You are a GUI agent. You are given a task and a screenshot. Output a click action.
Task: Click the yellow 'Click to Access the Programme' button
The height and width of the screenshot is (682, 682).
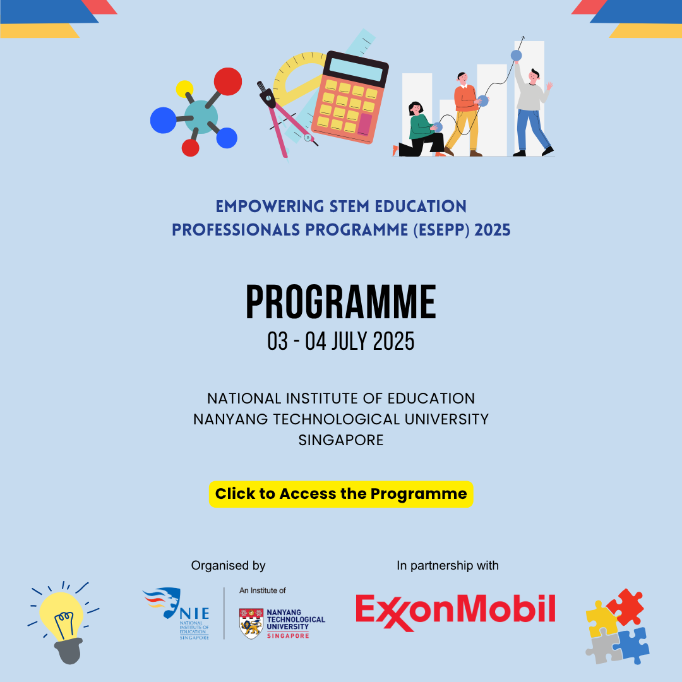[x=341, y=494]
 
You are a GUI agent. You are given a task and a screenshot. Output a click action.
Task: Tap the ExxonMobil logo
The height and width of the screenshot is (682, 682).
[x=455, y=610]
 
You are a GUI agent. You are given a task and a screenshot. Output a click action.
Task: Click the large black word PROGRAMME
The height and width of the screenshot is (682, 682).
[x=341, y=302]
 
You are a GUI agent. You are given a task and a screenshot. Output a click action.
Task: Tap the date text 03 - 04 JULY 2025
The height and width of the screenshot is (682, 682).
[x=341, y=342]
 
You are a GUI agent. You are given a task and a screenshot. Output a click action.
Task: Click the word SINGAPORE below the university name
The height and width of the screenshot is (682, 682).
[x=341, y=440]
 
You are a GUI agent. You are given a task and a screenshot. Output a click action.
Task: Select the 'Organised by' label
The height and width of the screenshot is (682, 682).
[x=228, y=566]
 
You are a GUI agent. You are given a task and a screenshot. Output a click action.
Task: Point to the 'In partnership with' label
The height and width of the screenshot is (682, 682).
[x=447, y=566]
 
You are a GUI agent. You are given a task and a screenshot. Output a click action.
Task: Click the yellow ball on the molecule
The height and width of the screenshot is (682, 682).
[x=184, y=89]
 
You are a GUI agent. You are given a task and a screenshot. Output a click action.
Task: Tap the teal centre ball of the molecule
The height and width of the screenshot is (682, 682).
[x=201, y=116]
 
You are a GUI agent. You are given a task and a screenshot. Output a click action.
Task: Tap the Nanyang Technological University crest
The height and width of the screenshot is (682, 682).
[x=251, y=623]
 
